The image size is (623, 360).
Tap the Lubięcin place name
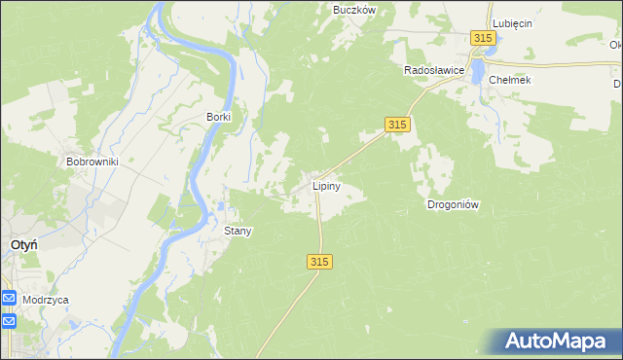click(x=512, y=22)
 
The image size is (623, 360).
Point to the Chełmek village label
click(x=510, y=80)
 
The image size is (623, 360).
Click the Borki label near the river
click(x=218, y=117)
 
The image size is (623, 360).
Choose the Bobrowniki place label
click(x=92, y=162)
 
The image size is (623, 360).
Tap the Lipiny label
click(x=325, y=184)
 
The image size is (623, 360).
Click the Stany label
click(x=238, y=231)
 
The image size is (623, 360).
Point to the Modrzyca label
click(x=47, y=301)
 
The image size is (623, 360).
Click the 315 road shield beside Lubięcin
click(x=484, y=37)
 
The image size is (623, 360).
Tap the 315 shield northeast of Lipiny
click(x=397, y=125)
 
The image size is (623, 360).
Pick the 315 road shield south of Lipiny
click(x=320, y=262)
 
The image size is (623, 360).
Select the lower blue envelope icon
click(x=8, y=320)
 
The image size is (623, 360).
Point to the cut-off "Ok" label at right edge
click(x=615, y=44)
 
